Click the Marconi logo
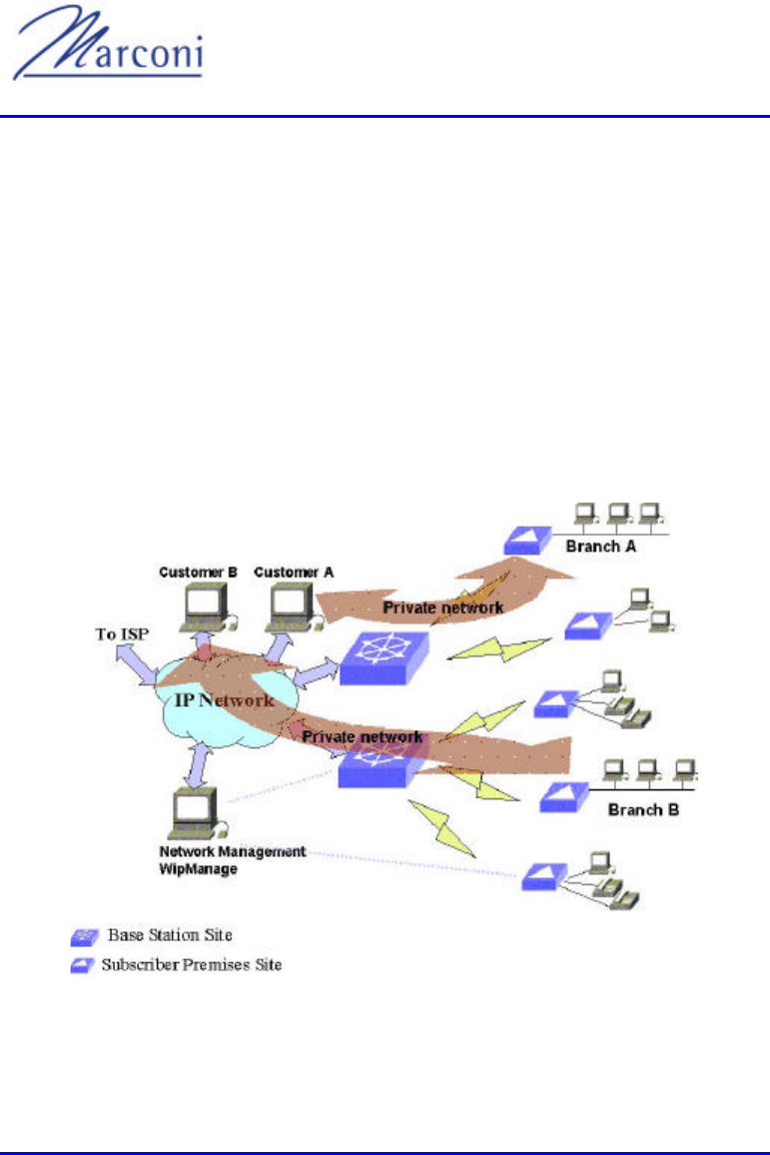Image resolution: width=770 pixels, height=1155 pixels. pyautogui.click(x=108, y=53)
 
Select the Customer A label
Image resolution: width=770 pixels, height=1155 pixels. pyautogui.click(x=294, y=573)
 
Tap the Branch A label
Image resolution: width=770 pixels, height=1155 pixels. pyautogui.click(x=601, y=547)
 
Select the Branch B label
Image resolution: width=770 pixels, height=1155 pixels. pyautogui.click(x=644, y=808)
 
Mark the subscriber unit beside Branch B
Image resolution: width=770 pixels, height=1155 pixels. pyautogui.click(x=562, y=797)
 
